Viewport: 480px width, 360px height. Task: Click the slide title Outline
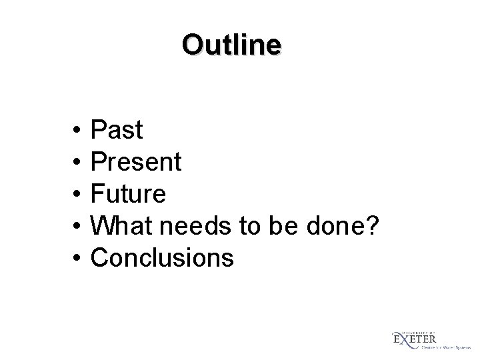[x=231, y=45]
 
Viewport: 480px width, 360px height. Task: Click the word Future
[x=128, y=195]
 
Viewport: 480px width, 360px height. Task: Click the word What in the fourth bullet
[x=117, y=227]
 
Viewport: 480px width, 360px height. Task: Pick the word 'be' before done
[x=279, y=227]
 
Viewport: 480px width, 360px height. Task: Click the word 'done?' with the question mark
[x=341, y=227]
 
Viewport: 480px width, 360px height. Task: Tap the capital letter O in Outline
[x=191, y=45]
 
